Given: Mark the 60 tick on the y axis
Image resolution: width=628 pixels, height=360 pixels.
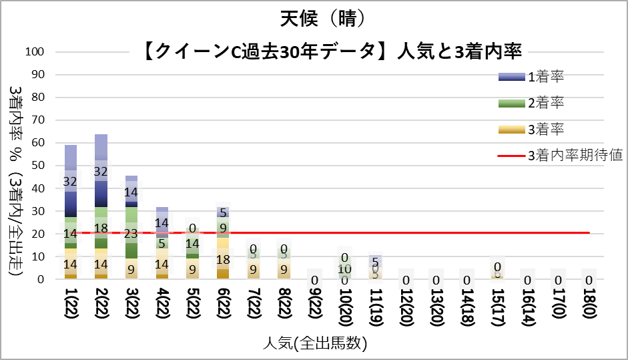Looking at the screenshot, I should pyautogui.click(x=36, y=143).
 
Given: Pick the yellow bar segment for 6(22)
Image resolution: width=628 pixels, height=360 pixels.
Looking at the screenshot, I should pyautogui.click(x=224, y=258).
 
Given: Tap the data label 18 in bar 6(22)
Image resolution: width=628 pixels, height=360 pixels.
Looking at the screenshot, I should pyautogui.click(x=224, y=259).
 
